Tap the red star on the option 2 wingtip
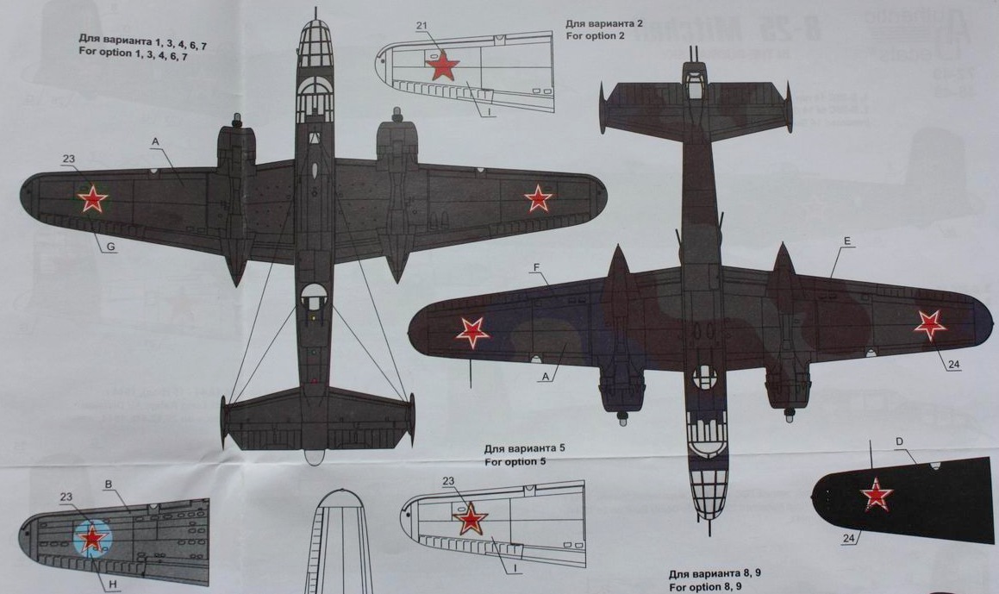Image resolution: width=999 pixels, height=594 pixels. click(x=443, y=65)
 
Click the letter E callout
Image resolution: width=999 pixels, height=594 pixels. click(x=847, y=242)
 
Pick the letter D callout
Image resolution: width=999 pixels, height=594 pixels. click(x=900, y=442)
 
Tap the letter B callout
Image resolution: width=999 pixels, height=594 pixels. click(x=109, y=484)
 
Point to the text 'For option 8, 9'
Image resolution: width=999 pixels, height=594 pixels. click(x=704, y=586)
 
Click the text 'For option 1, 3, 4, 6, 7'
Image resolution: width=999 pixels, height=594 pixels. click(x=132, y=53)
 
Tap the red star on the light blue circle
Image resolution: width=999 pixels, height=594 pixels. click(x=92, y=539)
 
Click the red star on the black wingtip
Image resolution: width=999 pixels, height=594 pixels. click(x=877, y=494)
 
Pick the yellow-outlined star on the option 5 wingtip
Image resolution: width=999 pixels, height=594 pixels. click(x=471, y=520)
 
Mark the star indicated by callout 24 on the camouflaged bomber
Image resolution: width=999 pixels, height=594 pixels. click(x=929, y=324)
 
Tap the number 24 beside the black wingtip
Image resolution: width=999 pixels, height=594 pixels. click(x=851, y=540)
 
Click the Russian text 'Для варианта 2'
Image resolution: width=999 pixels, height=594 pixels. click(x=604, y=23)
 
